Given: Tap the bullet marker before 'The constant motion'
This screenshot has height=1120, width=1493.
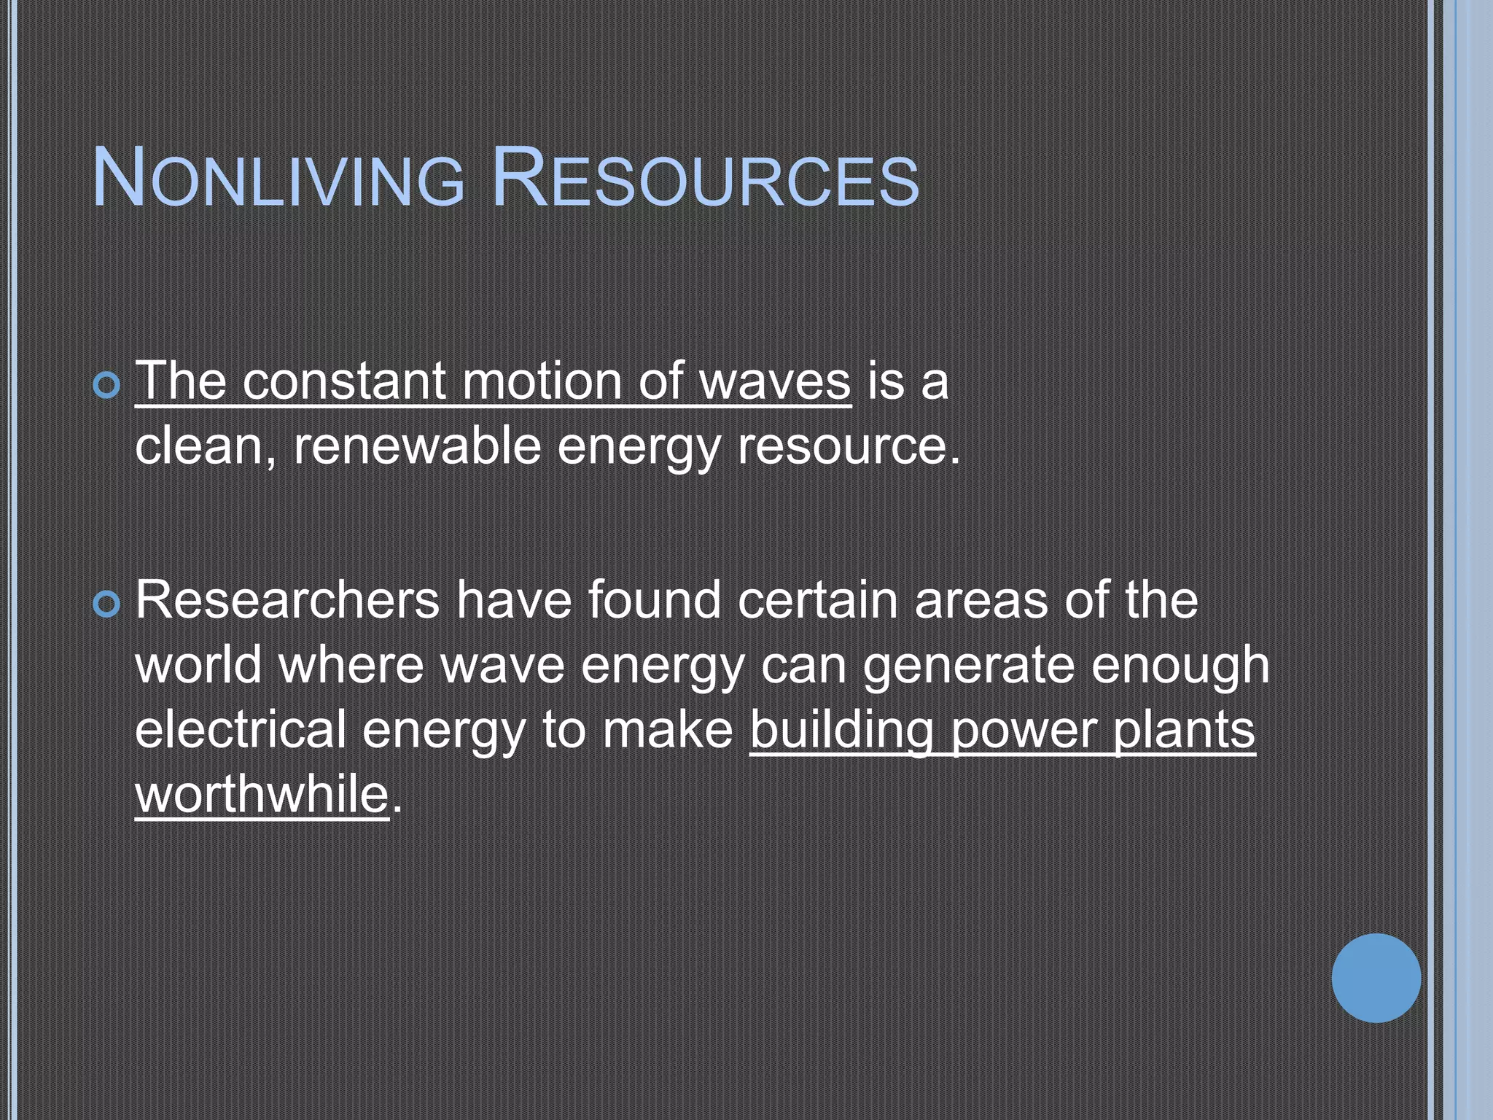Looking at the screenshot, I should tap(107, 385).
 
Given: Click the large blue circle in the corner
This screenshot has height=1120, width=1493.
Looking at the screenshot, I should tap(1376, 978).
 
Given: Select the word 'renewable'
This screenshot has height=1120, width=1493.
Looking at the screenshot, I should tap(417, 446).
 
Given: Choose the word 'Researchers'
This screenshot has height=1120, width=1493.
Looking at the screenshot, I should tap(287, 599).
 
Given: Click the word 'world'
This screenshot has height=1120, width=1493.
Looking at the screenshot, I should tap(198, 664).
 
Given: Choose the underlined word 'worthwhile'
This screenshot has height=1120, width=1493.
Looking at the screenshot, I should tap(262, 793).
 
